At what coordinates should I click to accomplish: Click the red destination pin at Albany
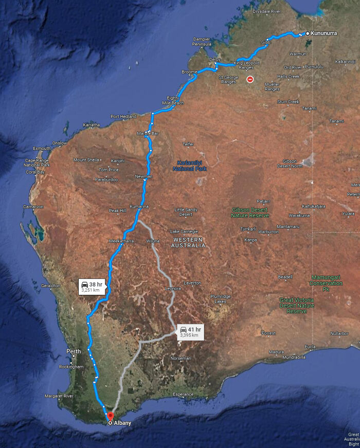[x=110, y=416]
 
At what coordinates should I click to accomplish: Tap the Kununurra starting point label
[x=324, y=33]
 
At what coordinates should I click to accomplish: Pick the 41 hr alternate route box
[x=190, y=332]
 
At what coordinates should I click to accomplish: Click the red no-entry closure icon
[x=250, y=79]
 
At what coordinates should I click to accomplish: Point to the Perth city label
[x=74, y=351]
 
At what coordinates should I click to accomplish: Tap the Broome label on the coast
[x=189, y=72]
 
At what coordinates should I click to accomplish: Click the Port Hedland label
[x=123, y=117]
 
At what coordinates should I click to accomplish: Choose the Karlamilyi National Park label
[x=189, y=165]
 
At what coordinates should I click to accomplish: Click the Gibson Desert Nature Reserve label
[x=250, y=213]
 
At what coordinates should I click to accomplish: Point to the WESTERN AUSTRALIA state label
[x=189, y=242]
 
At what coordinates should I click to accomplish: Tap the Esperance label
[x=183, y=394]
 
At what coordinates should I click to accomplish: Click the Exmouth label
[x=42, y=148]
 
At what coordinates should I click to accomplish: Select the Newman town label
[x=143, y=176]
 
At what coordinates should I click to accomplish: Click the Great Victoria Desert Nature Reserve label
[x=297, y=305]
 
